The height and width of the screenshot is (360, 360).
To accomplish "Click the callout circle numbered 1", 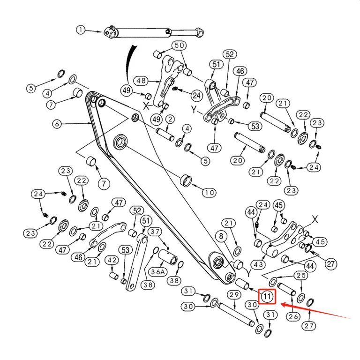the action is point(81,30).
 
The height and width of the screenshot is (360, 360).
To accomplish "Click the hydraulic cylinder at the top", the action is point(154,33).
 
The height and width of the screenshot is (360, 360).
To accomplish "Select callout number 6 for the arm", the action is point(57,124).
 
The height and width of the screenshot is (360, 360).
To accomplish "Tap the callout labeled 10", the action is point(209,192).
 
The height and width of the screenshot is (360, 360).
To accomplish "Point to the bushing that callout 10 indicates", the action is point(187,180).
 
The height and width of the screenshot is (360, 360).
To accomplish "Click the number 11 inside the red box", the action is point(267,296).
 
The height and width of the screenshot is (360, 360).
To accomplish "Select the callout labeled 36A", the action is point(158,272).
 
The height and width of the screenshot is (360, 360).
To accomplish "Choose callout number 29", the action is point(234,294).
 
